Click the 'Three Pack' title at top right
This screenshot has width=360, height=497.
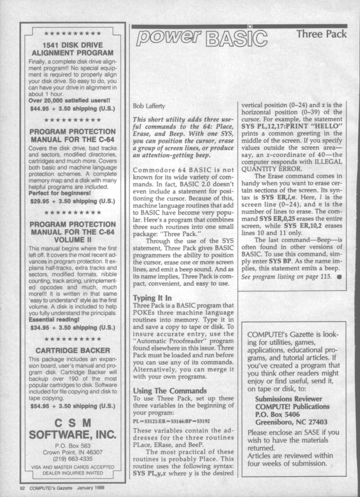[322, 34]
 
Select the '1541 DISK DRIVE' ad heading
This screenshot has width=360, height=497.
[72, 45]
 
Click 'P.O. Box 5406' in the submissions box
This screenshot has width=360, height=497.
[280, 414]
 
